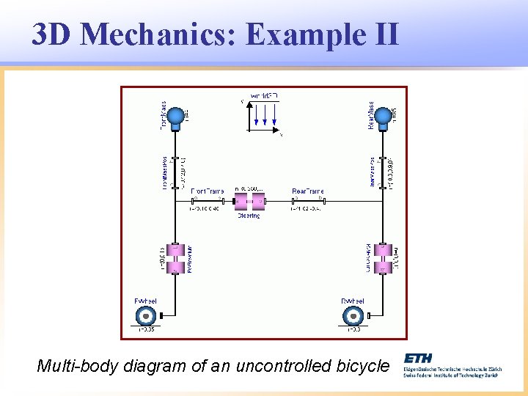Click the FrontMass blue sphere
(176, 117)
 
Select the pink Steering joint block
(249, 199)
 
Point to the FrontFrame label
(208, 191)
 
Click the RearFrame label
(307, 191)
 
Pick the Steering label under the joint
(249, 216)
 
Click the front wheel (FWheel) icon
(146, 315)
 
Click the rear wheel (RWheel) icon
(353, 315)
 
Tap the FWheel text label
(145, 301)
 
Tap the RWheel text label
(353, 301)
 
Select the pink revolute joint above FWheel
(175, 259)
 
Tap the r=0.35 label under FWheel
(146, 330)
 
